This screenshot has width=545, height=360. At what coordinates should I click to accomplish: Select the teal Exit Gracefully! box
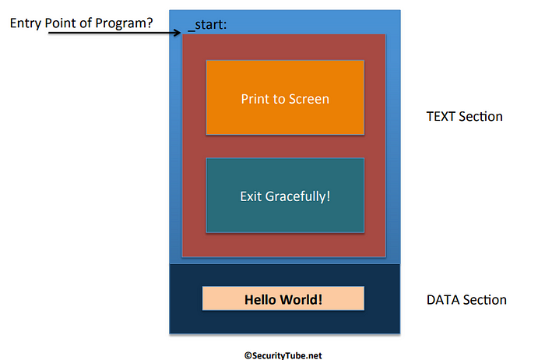coord(284,195)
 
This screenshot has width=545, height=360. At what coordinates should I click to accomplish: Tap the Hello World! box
coord(283,298)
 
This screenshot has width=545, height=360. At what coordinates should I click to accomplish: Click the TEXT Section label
coord(464,117)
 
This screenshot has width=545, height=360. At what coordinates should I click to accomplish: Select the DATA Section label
coord(466,300)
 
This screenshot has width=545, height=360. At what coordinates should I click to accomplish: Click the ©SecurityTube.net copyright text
coord(283,355)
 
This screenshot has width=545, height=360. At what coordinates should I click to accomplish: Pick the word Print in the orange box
coord(253,99)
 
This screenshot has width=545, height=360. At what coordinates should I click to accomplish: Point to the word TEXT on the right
coord(441,117)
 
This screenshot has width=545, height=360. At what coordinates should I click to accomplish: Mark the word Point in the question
coord(65,23)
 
